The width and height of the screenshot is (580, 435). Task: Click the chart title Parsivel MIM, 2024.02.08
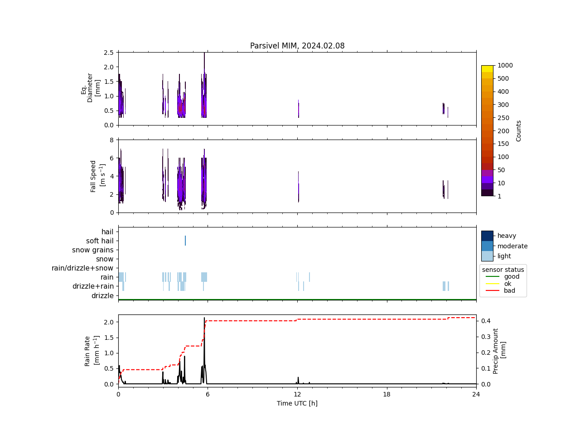[x=297, y=46]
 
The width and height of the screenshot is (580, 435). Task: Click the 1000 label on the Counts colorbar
[x=505, y=66]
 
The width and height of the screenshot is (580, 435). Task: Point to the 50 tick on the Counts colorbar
[x=501, y=170]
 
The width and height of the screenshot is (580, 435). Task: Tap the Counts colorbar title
[x=519, y=130]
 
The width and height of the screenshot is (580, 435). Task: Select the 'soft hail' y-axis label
[x=100, y=241]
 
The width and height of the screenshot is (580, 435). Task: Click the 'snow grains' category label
[x=92, y=250]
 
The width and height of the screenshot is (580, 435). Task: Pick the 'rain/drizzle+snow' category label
[x=82, y=268]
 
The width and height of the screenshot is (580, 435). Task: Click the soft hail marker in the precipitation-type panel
[x=185, y=241]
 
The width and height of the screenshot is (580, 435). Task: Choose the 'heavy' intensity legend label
[x=507, y=236]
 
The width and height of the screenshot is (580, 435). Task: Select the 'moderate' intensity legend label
[x=512, y=246]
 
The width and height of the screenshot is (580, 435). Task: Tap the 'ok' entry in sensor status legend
[x=507, y=284]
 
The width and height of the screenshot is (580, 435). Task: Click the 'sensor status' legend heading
[x=503, y=270]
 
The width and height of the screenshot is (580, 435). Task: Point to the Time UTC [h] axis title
[x=297, y=403]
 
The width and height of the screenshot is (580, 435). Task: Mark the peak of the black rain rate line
[x=204, y=318]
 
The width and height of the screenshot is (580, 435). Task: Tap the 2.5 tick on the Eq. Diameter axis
[x=108, y=53]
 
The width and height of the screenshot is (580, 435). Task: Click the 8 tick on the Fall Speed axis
[x=111, y=140]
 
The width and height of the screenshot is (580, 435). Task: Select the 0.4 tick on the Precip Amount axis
[x=486, y=321]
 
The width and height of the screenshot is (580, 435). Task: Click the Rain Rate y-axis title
[x=91, y=351]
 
